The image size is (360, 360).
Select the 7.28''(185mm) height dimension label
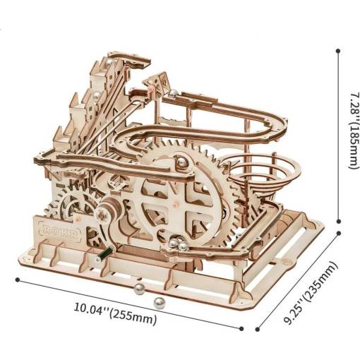pos(354,130)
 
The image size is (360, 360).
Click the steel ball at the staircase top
pos(110,63)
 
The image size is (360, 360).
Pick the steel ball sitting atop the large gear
pos(181,162)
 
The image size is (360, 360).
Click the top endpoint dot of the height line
pos(338,51)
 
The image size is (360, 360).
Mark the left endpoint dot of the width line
pos(17,280)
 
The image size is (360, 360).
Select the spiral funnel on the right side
pos(263,174)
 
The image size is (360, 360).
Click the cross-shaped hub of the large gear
pos(174,200)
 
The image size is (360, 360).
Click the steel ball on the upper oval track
pos(173,93)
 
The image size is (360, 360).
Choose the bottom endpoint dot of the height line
pos(339,221)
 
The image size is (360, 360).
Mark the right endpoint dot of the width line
pos(241,329)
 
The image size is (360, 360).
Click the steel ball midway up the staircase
pos(97,95)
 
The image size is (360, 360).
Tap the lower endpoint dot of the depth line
pos(258,330)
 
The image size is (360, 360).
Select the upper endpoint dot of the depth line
pos(339,233)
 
